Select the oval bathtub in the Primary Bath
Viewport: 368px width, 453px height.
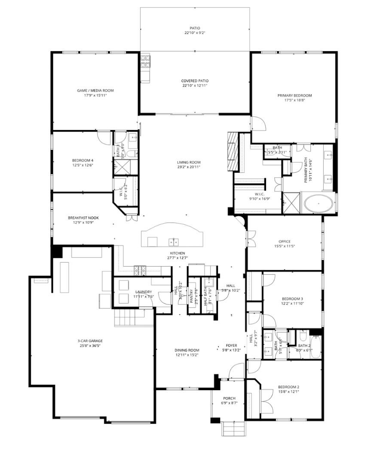click(319, 203)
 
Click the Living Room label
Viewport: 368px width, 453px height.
click(189, 162)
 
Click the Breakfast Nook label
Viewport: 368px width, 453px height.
click(83, 218)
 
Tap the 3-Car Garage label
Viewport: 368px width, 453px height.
click(91, 341)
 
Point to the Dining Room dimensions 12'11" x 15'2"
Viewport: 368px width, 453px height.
click(186, 355)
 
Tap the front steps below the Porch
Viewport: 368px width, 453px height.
click(233, 428)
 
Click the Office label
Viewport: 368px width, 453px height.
click(284, 242)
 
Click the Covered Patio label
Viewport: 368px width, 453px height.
click(195, 81)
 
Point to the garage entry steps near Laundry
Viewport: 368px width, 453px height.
click(127, 319)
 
